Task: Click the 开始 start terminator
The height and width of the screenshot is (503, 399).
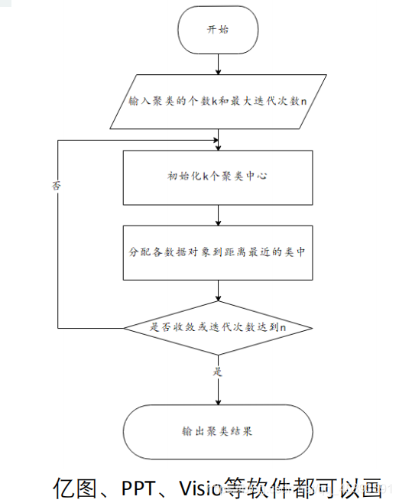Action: [x=218, y=30]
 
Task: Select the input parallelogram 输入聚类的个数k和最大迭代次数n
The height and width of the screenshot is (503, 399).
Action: [x=218, y=101]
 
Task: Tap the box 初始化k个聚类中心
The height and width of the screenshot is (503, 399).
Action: [x=218, y=177]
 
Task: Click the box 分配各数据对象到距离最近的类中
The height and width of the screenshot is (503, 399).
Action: [x=218, y=251]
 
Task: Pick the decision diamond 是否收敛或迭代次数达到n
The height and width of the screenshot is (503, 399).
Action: [x=218, y=327]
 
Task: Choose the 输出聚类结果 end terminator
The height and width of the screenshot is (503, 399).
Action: [x=218, y=431]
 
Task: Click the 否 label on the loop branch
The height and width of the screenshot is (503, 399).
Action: [x=57, y=186]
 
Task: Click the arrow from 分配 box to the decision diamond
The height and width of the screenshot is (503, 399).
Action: [x=219, y=289]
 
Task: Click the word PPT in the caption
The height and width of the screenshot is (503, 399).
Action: [x=140, y=486]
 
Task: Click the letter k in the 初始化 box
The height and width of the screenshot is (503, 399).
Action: [x=205, y=177]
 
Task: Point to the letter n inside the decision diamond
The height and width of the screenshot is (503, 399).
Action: [x=283, y=327]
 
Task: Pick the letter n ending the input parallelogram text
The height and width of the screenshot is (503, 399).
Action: [x=303, y=102]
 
